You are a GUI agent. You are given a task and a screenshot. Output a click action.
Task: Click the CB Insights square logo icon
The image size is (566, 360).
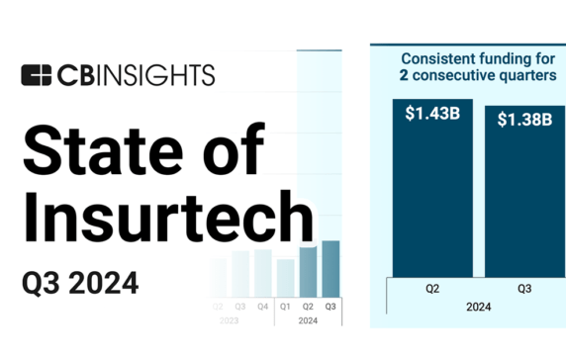[x=36, y=75]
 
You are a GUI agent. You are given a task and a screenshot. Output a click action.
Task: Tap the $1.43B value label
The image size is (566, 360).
[x=431, y=114]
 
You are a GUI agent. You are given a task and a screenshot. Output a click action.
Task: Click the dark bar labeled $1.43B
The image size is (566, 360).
[x=431, y=198]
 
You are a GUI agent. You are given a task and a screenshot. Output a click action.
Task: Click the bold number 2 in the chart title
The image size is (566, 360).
[x=406, y=75]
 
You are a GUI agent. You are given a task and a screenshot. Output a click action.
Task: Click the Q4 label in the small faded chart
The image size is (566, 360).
[x=262, y=306]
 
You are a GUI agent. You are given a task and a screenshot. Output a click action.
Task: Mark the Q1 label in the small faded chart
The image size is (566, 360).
[x=286, y=306]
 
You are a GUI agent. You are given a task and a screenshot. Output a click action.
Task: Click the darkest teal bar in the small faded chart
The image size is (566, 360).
[x=330, y=268]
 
